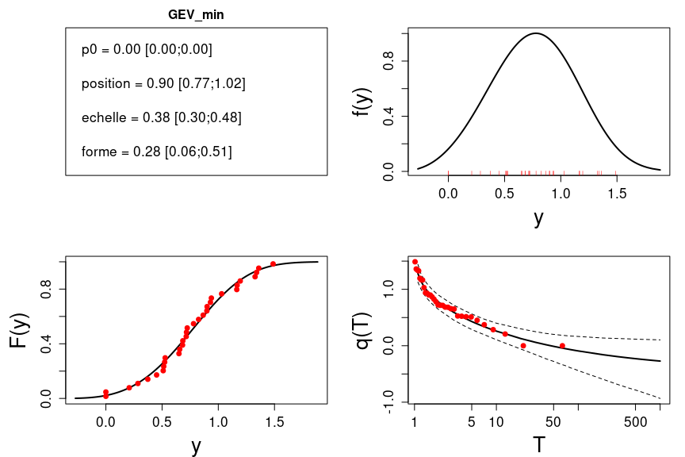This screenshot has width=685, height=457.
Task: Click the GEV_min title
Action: pyautogui.click(x=196, y=15)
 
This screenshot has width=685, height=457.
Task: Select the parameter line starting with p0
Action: pyautogui.click(x=147, y=49)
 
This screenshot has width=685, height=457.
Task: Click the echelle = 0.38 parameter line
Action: pyautogui.click(x=161, y=117)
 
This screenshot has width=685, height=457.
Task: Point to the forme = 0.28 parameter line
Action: pyautogui.click(x=156, y=152)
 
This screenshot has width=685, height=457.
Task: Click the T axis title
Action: pyautogui.click(x=539, y=444)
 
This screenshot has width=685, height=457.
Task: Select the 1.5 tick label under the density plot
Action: pyautogui.click(x=618, y=191)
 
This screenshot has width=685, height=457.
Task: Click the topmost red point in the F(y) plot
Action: pyautogui.click(x=273, y=263)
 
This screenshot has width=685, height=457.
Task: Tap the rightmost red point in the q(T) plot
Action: pyautogui.click(x=562, y=345)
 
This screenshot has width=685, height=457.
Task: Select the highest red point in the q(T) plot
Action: pyautogui.click(x=415, y=261)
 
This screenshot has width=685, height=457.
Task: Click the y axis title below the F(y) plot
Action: pyautogui.click(x=196, y=446)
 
